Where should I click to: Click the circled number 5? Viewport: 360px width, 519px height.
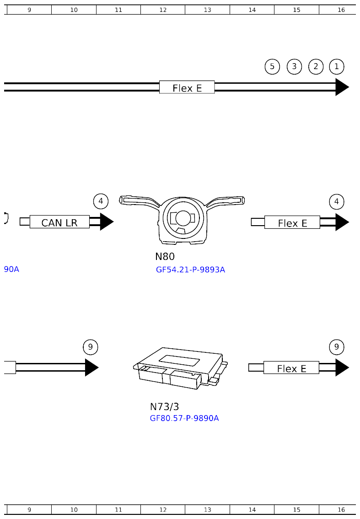tap(272, 67)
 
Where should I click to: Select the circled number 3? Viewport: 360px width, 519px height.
tap(294, 67)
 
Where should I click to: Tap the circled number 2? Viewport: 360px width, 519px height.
tap(316, 67)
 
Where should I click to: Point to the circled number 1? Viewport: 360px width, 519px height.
tap(337, 67)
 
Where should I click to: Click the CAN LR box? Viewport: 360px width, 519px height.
tap(59, 222)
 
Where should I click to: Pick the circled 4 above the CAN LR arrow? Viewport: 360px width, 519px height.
tap(101, 201)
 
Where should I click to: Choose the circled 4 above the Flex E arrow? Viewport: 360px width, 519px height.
tap(337, 202)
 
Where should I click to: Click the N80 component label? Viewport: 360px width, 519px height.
tap(165, 257)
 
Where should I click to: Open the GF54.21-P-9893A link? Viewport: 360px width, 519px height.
tap(190, 270)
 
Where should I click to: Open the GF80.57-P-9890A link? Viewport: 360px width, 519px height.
tap(184, 418)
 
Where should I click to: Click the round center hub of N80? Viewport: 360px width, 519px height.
tap(183, 218)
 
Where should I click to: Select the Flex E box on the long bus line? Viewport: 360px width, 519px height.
tap(187, 87)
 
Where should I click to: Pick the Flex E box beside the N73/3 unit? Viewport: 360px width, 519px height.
tap(291, 368)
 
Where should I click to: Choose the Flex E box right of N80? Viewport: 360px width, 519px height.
tap(292, 222)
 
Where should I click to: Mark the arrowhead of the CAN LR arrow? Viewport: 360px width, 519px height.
tap(106, 222)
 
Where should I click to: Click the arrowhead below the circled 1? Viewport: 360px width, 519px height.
tap(341, 87)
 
